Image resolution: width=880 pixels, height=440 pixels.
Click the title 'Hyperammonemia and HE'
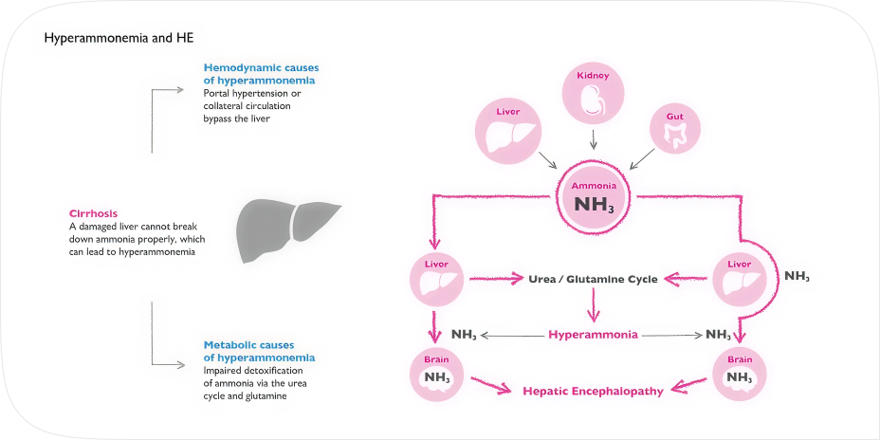pyautogui.click(x=119, y=38)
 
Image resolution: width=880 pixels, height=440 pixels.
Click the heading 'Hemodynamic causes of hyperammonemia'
pyautogui.click(x=260, y=74)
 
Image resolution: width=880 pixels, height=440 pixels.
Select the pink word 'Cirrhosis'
pyautogui.click(x=94, y=212)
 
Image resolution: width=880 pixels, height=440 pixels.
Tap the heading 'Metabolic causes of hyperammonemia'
pyautogui.click(x=260, y=350)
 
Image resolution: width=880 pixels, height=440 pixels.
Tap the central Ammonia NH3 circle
pyautogui.click(x=595, y=195)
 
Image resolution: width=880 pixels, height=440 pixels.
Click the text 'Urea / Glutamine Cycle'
pyautogui.click(x=593, y=280)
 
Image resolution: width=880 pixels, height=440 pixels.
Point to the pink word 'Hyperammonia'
pyautogui.click(x=593, y=335)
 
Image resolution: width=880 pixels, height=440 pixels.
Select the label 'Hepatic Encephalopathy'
pyautogui.click(x=593, y=390)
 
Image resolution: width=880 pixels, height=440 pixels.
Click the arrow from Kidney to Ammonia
pyautogui.click(x=594, y=139)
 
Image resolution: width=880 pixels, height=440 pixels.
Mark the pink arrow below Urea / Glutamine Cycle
pyautogui.click(x=593, y=305)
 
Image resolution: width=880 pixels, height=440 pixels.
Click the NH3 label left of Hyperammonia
pyautogui.click(x=465, y=335)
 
